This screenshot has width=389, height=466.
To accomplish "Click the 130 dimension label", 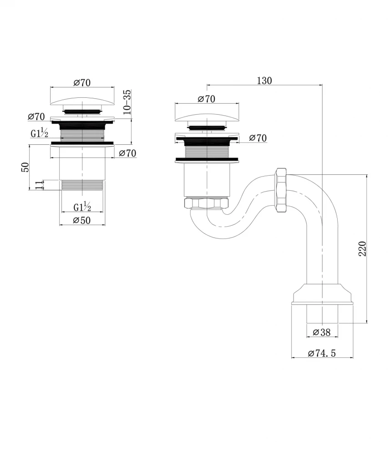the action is (264, 81).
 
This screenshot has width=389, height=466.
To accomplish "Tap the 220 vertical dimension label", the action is (362, 249).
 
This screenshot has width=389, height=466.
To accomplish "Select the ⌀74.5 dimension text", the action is (322, 353).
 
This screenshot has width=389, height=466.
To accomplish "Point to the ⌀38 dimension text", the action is (322, 332).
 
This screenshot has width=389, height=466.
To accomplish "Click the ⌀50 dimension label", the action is (82, 220).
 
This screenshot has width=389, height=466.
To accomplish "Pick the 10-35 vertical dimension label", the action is (126, 102).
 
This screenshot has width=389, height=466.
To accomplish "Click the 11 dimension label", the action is (39, 185).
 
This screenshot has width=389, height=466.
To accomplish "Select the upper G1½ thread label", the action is (39, 133).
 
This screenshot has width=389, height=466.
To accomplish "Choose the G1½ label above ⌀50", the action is (82, 207).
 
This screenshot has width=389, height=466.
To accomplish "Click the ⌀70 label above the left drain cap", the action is (82, 82).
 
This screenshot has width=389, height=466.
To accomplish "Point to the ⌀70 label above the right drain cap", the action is (206, 98).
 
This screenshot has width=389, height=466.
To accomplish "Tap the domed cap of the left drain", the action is (82, 100).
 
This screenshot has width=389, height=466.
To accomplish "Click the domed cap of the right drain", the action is (207, 116).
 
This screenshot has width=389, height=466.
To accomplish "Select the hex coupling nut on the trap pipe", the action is (281, 190).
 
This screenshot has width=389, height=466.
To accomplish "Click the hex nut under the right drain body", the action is (206, 203).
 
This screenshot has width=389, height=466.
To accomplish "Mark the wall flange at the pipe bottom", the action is (323, 294).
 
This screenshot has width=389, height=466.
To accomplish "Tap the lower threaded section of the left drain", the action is (82, 185).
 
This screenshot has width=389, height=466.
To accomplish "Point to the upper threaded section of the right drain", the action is (207, 151).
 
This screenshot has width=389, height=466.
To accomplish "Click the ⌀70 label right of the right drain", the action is (258, 138).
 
